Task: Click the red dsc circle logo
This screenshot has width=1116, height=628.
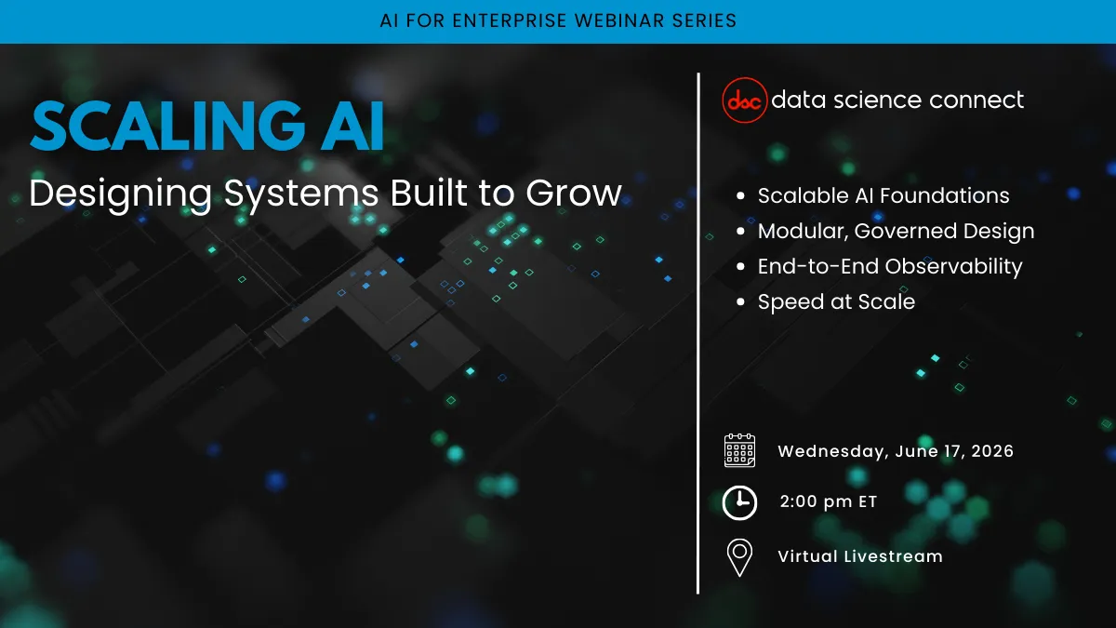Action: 744,100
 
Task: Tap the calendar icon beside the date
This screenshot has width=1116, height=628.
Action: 739,450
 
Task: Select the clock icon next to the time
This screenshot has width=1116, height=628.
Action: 739,503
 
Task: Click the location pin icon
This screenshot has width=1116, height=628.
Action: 739,557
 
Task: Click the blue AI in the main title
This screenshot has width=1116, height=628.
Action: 352,126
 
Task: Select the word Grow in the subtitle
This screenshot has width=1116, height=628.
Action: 574,193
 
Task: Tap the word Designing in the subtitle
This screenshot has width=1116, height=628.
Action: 121,194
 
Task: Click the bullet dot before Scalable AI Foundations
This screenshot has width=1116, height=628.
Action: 740,196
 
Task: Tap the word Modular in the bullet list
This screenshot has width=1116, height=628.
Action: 802,232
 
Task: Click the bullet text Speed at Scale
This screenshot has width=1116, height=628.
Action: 836,302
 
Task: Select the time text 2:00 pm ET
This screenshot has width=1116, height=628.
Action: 828,501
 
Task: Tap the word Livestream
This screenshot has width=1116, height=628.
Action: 894,556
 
